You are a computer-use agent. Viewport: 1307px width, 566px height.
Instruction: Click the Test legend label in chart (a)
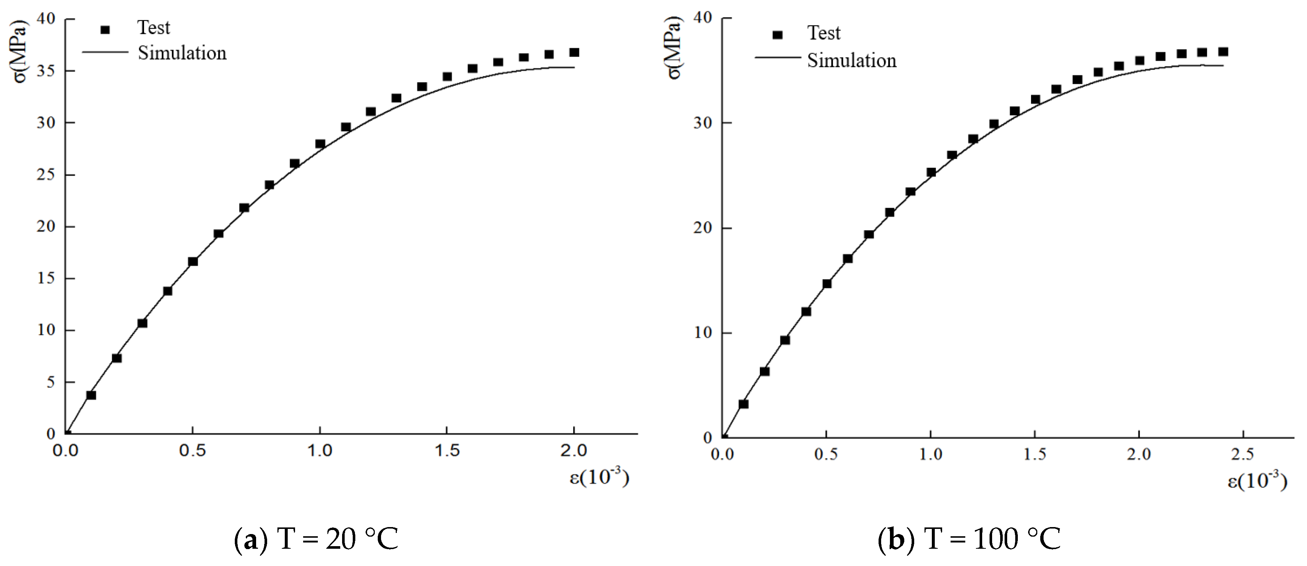[x=154, y=28]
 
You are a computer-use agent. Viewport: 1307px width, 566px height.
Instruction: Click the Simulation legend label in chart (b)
[x=851, y=61]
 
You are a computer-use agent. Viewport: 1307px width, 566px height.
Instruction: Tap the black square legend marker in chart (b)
[x=777, y=35]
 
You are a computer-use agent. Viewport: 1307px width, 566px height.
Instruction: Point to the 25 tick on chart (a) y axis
[x=46, y=174]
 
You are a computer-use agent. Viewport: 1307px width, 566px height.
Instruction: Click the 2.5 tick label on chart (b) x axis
[x=1243, y=454]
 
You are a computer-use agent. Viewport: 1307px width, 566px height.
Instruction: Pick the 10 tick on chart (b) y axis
[x=703, y=333]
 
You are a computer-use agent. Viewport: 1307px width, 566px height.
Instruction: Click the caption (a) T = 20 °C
[x=316, y=539]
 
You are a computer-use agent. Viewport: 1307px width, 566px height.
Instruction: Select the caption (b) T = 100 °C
[x=969, y=539]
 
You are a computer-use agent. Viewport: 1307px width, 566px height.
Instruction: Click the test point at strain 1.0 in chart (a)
[x=320, y=144]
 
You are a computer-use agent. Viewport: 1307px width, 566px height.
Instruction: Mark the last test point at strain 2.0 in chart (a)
[x=574, y=52]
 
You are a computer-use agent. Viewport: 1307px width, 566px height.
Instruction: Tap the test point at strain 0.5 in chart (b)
[x=826, y=284]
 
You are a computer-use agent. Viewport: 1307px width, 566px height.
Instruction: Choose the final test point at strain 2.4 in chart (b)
[x=1223, y=52]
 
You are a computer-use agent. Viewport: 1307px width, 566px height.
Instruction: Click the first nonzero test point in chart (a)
[x=91, y=394]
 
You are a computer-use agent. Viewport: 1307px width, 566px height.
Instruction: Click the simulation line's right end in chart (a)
[x=574, y=68]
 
